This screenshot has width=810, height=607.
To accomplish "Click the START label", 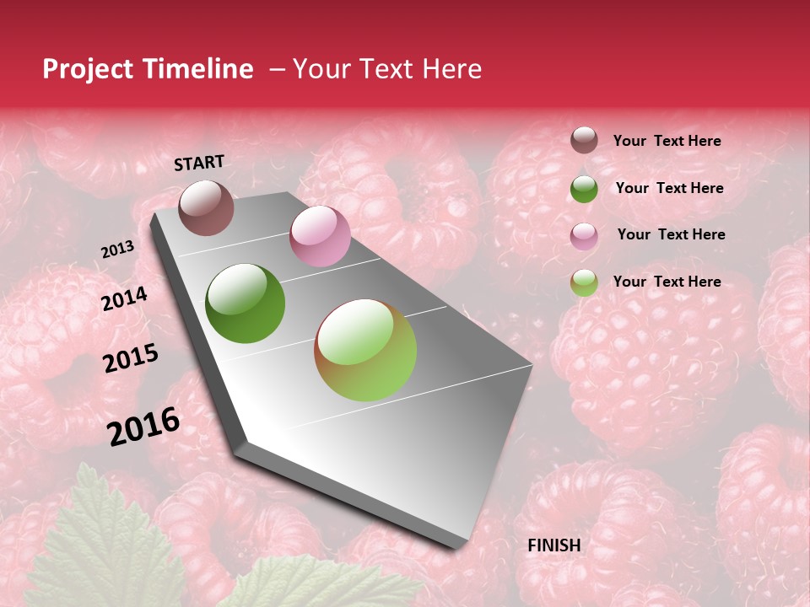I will point(199,163).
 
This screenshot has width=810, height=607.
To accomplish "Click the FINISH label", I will point(553,545).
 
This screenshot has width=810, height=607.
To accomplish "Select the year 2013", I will point(117,250).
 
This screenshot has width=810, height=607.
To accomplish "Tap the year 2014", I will point(124,299).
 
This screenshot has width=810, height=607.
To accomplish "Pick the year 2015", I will point(130,358).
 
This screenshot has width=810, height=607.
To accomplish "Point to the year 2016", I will point(143,426).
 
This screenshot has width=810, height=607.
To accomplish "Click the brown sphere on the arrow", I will point(206,207).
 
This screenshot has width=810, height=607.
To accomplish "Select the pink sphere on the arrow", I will point(320,236).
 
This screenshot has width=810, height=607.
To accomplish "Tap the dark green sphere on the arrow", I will point(246,303).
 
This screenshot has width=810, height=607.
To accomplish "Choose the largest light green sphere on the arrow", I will point(365,350).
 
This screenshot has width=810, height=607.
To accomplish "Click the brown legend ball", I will point(584,140).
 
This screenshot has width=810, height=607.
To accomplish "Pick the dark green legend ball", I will point(584,188).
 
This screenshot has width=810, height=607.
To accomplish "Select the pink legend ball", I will point(584,235).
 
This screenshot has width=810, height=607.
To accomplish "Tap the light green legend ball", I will point(584,282).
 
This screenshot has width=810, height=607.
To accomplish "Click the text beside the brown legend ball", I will point(667,141).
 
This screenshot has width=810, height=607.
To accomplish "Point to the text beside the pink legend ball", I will point(671,234).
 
